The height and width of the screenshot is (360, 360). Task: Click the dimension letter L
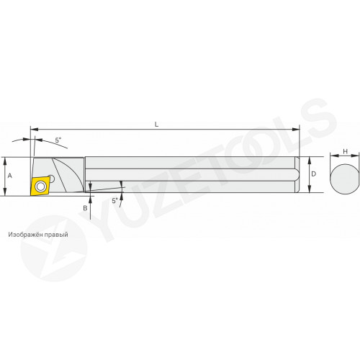tap(156, 125)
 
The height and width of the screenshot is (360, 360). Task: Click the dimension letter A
tap(10, 176)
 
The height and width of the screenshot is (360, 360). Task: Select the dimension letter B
tap(85, 208)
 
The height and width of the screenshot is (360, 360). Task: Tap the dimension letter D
tap(314, 174)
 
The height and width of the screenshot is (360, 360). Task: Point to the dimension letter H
tap(345, 151)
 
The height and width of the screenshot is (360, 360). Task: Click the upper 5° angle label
tap(58, 140)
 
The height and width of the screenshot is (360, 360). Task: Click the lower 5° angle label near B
tap(115, 200)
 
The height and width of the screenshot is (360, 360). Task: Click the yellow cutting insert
tap(40, 186)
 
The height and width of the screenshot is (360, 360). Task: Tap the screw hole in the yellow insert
tap(40, 186)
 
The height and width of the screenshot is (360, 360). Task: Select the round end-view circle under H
tap(345, 178)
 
